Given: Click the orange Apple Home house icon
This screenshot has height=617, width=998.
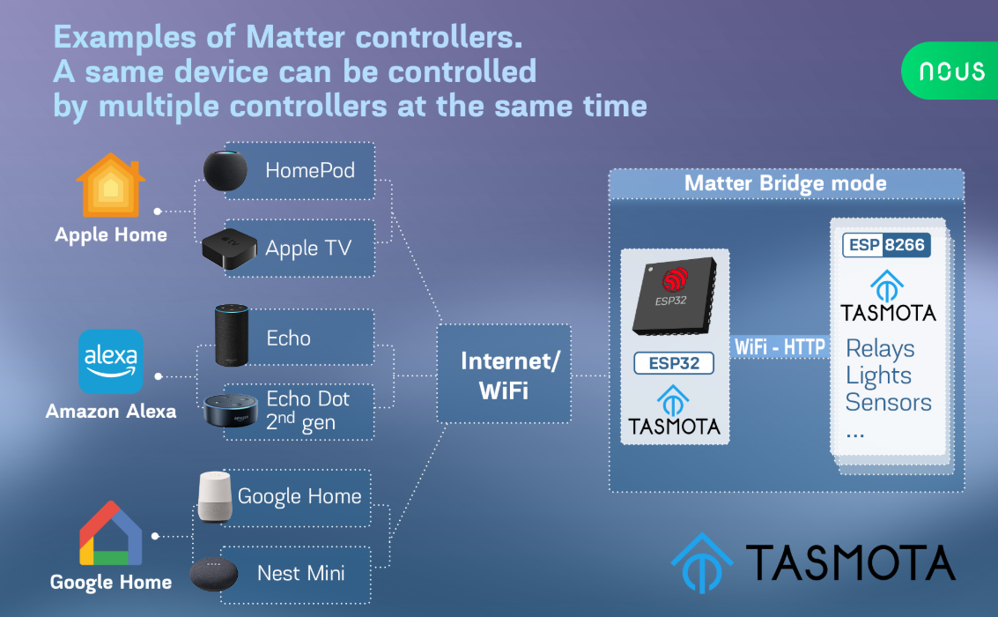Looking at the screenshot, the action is pyautogui.click(x=111, y=185).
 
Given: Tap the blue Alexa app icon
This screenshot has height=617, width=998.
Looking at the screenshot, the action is pyautogui.click(x=111, y=361).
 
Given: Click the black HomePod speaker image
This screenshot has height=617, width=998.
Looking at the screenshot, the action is pyautogui.click(x=225, y=171).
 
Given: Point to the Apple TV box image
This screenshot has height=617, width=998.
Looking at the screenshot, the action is pyautogui.click(x=230, y=249).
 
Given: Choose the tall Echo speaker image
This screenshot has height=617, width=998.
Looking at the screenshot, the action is pyautogui.click(x=232, y=335).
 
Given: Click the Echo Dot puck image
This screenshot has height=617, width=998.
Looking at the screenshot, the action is pyautogui.click(x=231, y=411).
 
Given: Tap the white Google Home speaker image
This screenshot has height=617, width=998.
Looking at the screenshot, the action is pyautogui.click(x=215, y=496).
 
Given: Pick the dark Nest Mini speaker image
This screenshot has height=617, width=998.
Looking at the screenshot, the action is pyautogui.click(x=214, y=574).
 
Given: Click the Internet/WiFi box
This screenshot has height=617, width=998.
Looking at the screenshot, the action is pyautogui.click(x=504, y=374).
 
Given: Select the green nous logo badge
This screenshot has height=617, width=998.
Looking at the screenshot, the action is pyautogui.click(x=950, y=71).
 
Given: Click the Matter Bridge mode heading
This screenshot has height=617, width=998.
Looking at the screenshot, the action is pyautogui.click(x=786, y=183).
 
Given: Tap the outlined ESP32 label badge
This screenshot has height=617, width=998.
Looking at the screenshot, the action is pyautogui.click(x=674, y=363).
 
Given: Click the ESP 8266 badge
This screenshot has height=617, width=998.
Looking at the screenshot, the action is pyautogui.click(x=887, y=245).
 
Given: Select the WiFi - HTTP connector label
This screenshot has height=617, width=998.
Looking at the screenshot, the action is pyautogui.click(x=780, y=347).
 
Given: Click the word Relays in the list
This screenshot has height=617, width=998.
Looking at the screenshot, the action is pyautogui.click(x=880, y=349).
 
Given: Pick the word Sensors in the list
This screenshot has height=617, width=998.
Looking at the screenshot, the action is pyautogui.click(x=889, y=403).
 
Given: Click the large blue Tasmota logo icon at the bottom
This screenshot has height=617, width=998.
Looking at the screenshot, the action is pyautogui.click(x=702, y=563).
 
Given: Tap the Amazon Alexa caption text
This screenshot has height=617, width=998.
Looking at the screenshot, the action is pyautogui.click(x=111, y=412).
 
